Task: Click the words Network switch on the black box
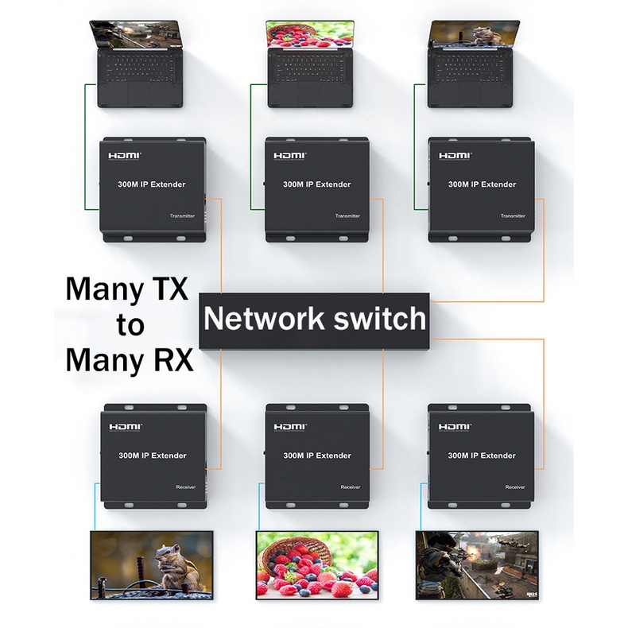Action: (315, 319)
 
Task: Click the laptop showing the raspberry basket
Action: (309, 64)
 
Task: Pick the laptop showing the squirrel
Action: (474, 64)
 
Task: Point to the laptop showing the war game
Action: (139, 64)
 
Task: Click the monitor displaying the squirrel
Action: (152, 564)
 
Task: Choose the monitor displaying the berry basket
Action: (317, 564)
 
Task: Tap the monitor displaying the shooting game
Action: (477, 564)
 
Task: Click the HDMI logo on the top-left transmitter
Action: (125, 155)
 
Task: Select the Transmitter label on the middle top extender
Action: (347, 216)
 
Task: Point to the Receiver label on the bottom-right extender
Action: (514, 487)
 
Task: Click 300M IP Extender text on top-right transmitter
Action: (482, 184)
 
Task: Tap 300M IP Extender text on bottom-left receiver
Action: (153, 455)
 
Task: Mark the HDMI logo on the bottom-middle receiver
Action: (290, 427)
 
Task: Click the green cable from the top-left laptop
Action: (85, 146)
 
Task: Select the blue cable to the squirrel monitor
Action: (95, 507)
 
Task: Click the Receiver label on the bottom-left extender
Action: (186, 487)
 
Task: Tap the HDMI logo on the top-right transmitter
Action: (455, 155)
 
